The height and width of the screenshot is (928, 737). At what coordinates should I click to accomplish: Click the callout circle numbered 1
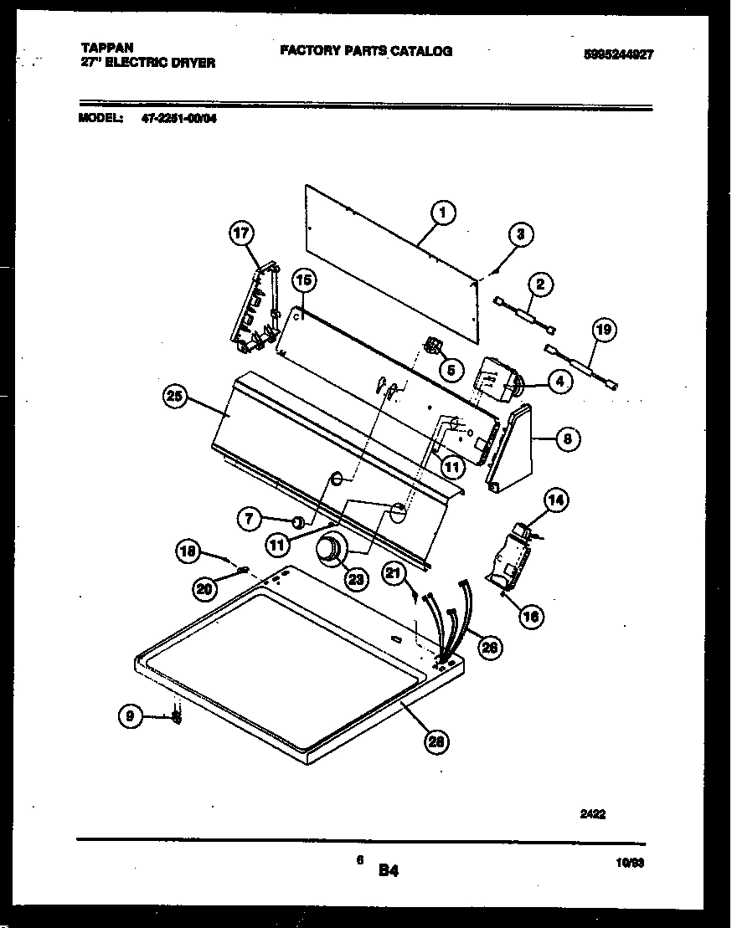coord(443,214)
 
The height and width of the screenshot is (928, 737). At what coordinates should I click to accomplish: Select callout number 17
coord(241,235)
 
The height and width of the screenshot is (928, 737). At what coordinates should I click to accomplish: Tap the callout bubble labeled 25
coord(175,398)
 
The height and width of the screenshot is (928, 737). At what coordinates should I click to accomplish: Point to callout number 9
coord(130,715)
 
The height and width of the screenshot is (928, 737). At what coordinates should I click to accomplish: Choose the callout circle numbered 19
coord(602,331)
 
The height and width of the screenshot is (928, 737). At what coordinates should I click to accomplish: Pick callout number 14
coord(555,501)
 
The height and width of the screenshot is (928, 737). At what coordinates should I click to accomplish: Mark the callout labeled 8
coord(567,438)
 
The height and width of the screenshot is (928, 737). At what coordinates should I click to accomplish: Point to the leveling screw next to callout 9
coord(177,716)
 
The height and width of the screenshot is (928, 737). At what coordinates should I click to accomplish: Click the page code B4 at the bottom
coord(388,871)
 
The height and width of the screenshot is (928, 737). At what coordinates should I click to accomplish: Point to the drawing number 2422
coord(592,812)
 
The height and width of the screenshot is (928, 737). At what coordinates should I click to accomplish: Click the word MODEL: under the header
coord(101,118)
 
